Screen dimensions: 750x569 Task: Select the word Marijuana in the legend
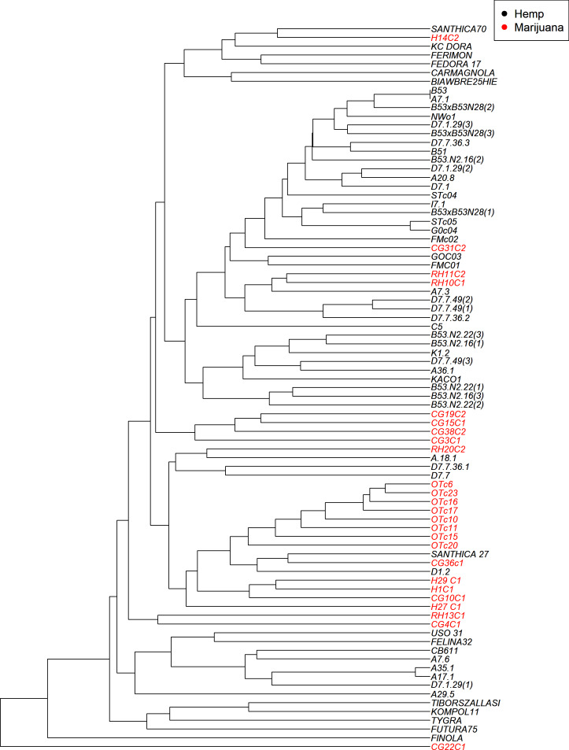coord(537,28)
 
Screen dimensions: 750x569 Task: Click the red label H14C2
coord(446,38)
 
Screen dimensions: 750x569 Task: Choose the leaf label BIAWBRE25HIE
coord(464,81)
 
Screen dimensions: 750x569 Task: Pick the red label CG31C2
coord(449,248)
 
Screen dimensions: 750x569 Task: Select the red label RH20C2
coord(449,449)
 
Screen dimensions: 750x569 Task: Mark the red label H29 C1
coord(445,580)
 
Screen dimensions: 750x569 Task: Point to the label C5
coord(436,326)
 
